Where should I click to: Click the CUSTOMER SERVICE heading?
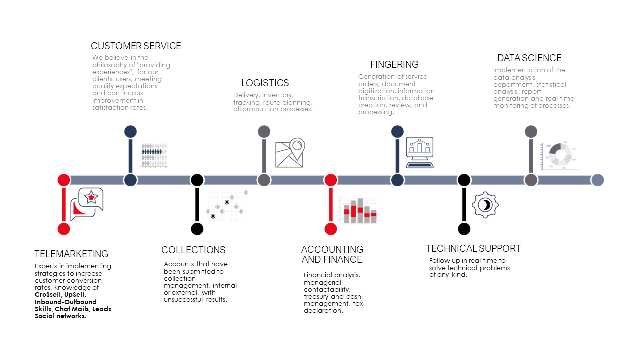[136, 46]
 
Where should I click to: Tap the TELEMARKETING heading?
[71, 254]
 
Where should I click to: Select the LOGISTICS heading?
[265, 83]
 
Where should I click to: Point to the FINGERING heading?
[394, 65]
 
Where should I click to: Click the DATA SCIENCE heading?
[529, 58]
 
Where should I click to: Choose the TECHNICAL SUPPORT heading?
[473, 249]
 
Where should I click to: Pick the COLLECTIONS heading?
[193, 250]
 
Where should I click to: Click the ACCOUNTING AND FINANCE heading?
[332, 254]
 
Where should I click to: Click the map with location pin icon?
[290, 153]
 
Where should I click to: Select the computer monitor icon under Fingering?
[419, 152]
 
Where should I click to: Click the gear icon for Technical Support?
[485, 205]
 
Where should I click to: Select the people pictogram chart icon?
[153, 154]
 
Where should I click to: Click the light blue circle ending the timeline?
[597, 180]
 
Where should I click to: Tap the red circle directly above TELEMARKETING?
[64, 229]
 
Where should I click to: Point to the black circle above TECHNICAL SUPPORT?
[464, 229]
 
